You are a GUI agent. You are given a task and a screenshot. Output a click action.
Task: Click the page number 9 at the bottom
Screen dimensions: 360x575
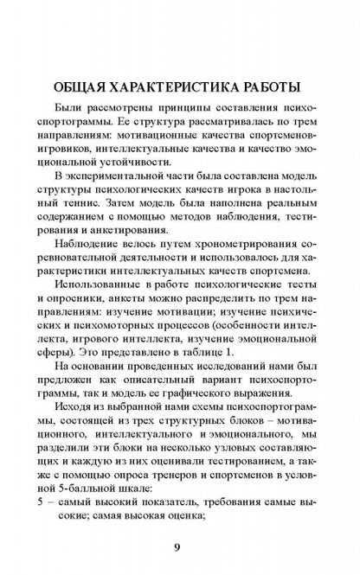[180, 546]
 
